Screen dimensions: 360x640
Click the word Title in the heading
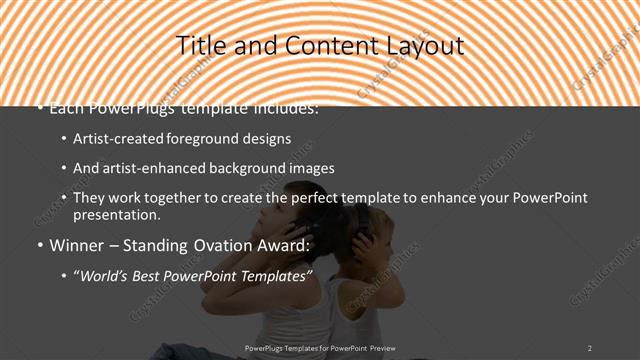tap(199, 46)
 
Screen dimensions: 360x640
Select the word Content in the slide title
tap(322, 46)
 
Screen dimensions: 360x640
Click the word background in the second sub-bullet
tap(240, 168)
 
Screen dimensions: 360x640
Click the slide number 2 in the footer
tap(590, 347)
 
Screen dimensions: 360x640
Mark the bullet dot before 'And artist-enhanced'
tap(64, 169)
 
